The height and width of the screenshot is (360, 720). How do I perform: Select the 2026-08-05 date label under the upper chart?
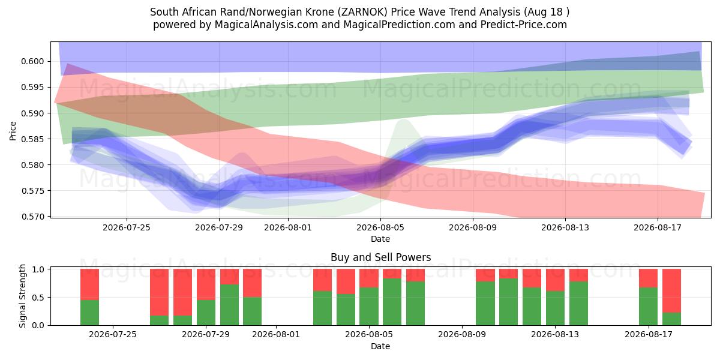click(380, 227)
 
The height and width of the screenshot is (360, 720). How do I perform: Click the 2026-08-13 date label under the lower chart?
click(555, 334)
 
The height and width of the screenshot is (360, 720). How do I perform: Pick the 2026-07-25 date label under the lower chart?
click(113, 334)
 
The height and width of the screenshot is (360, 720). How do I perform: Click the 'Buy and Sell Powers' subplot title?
click(380, 257)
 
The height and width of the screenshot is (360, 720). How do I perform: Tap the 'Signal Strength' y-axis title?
click(22, 296)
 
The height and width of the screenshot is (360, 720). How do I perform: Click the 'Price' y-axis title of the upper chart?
click(13, 131)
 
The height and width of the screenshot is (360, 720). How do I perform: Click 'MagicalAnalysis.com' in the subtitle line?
click(266, 25)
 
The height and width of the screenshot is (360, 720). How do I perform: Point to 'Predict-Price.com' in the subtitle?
click(524, 25)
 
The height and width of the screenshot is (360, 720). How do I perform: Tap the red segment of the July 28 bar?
click(182, 292)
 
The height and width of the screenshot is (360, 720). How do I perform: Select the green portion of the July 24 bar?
click(89, 313)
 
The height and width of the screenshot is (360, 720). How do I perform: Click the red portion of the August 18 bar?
click(671, 290)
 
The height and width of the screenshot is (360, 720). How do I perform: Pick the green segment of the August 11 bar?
click(509, 302)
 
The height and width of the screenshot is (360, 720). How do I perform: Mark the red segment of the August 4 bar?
click(369, 278)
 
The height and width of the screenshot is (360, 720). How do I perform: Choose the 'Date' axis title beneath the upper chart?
click(380, 239)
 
